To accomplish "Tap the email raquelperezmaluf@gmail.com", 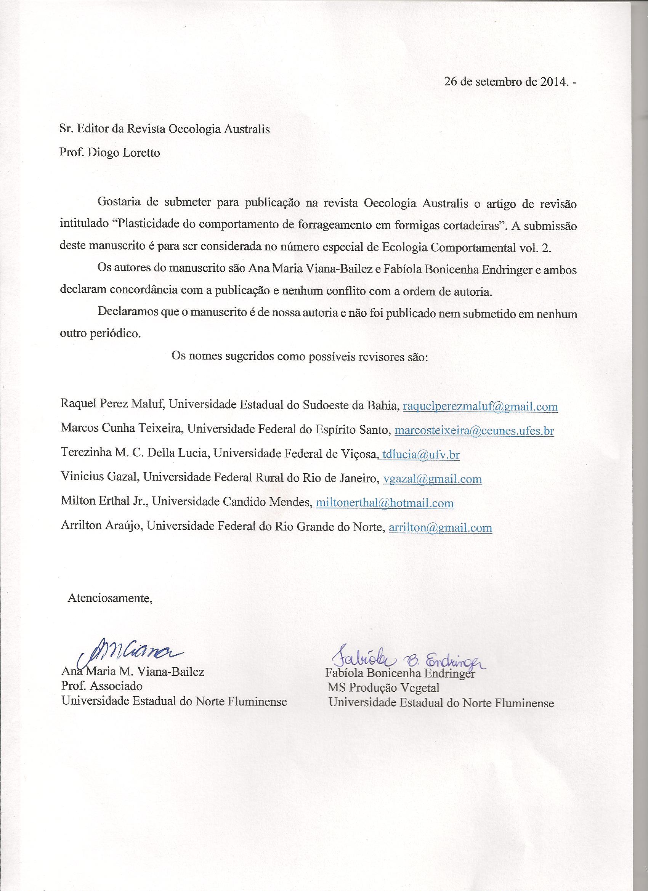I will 480,406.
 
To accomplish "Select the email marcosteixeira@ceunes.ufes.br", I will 474,431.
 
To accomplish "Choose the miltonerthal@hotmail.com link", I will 385,503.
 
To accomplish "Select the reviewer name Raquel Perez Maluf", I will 112,406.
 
